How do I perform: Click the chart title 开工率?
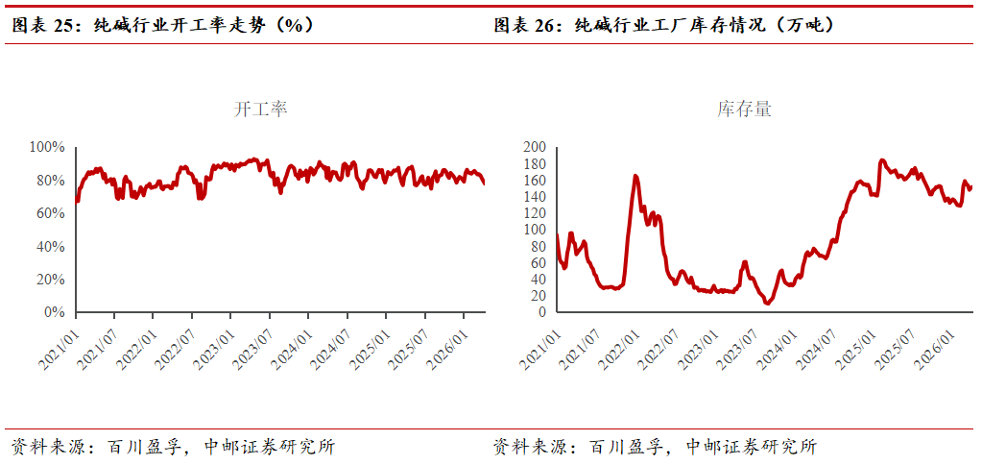261,110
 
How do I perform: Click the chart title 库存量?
744,110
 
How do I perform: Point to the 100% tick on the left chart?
47,147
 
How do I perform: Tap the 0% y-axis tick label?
54,312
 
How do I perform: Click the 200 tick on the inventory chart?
534,147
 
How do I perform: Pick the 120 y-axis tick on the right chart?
534,213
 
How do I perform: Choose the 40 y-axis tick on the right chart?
538,280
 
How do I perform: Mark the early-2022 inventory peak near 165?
635,176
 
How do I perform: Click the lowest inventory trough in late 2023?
767,304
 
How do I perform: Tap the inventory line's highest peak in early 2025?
881,160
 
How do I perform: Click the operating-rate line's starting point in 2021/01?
76,202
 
